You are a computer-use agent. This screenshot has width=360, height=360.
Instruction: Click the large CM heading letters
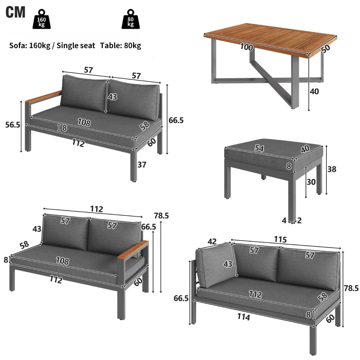point(16,12)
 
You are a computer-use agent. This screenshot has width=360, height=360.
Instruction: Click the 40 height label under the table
point(315,91)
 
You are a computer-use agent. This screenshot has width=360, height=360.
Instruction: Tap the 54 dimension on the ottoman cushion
point(259,148)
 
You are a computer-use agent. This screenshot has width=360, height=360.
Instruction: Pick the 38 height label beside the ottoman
point(332,169)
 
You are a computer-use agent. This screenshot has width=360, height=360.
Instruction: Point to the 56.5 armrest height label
point(12,125)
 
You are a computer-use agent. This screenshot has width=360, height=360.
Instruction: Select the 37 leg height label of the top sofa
point(142,165)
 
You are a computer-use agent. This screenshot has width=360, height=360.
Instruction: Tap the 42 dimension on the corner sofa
point(213,242)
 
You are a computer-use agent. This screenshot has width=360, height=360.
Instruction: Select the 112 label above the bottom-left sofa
point(96,209)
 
